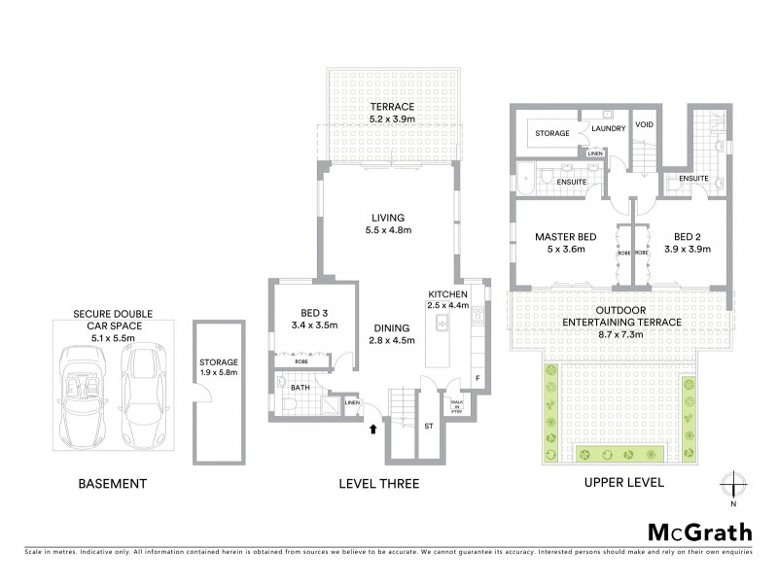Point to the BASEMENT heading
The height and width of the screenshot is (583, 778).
point(114,483)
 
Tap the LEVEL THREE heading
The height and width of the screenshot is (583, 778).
point(378,483)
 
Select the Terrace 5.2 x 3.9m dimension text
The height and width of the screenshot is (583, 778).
point(391,120)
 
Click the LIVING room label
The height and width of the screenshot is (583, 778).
point(386,217)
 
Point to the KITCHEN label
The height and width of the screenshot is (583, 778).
point(449,294)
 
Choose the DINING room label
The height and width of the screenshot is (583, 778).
point(387,328)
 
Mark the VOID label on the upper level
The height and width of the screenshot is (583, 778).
point(644,125)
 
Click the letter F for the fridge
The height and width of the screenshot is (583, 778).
point(477,378)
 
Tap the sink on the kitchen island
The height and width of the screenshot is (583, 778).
point(441,323)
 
